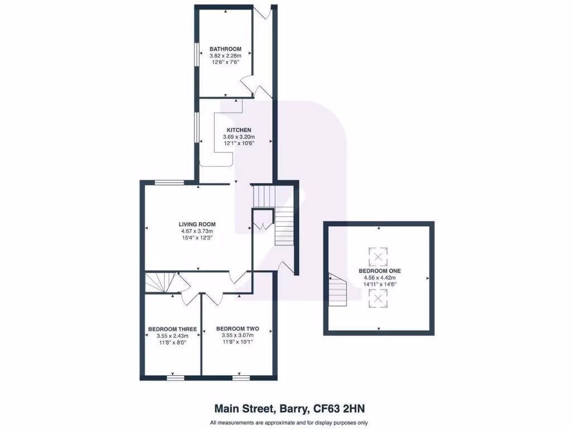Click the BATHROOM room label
[225, 49]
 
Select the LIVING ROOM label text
[196, 224]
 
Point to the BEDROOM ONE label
[379, 271]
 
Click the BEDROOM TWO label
[235, 328]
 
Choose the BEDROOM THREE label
[172, 329]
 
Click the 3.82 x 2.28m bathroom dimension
[225, 56]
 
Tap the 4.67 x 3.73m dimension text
[196, 231]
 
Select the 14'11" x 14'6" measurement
[379, 284]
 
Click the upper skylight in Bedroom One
[379, 257]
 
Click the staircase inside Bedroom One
[337, 290]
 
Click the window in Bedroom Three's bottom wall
[175, 378]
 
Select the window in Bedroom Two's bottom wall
[241, 378]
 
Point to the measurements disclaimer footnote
[289, 422]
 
